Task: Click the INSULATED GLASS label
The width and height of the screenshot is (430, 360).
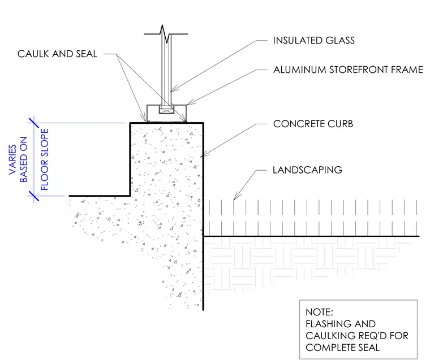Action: [313, 41]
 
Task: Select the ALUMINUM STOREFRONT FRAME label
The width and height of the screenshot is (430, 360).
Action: [349, 70]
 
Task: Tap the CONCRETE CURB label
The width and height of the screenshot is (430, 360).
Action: [313, 124]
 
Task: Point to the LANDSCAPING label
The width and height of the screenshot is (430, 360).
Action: [307, 170]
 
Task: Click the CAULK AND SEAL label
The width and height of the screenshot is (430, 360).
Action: [57, 54]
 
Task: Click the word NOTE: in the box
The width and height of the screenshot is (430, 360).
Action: [319, 312]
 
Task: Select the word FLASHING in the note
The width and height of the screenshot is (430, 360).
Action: [326, 324]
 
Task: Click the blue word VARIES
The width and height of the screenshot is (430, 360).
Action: [12, 160]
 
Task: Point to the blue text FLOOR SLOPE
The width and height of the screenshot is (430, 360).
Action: [45, 159]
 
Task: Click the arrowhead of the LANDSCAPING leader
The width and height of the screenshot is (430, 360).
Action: [235, 197]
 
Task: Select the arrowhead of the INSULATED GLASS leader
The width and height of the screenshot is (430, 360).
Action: [172, 90]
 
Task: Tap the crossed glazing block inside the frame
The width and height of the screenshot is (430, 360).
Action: [166, 110]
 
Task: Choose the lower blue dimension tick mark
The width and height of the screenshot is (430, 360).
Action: [34, 196]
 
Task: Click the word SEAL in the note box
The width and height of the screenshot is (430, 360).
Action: [369, 348]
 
